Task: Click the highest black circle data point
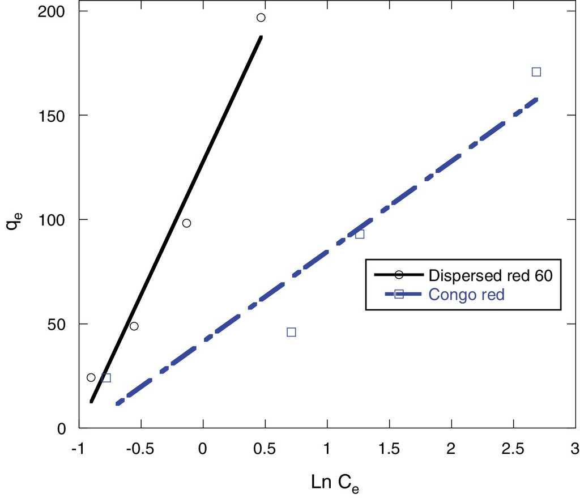tap(261, 18)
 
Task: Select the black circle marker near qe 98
tap(186, 223)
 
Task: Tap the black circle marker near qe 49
tap(134, 326)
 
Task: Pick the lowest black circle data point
tap(91, 377)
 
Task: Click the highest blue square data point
tap(536, 72)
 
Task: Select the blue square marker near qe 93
tap(360, 234)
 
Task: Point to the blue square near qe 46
tap(291, 332)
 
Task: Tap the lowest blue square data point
tap(106, 378)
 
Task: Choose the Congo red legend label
tap(466, 295)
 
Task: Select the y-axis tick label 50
tap(59, 324)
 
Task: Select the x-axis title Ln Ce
tap(335, 483)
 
